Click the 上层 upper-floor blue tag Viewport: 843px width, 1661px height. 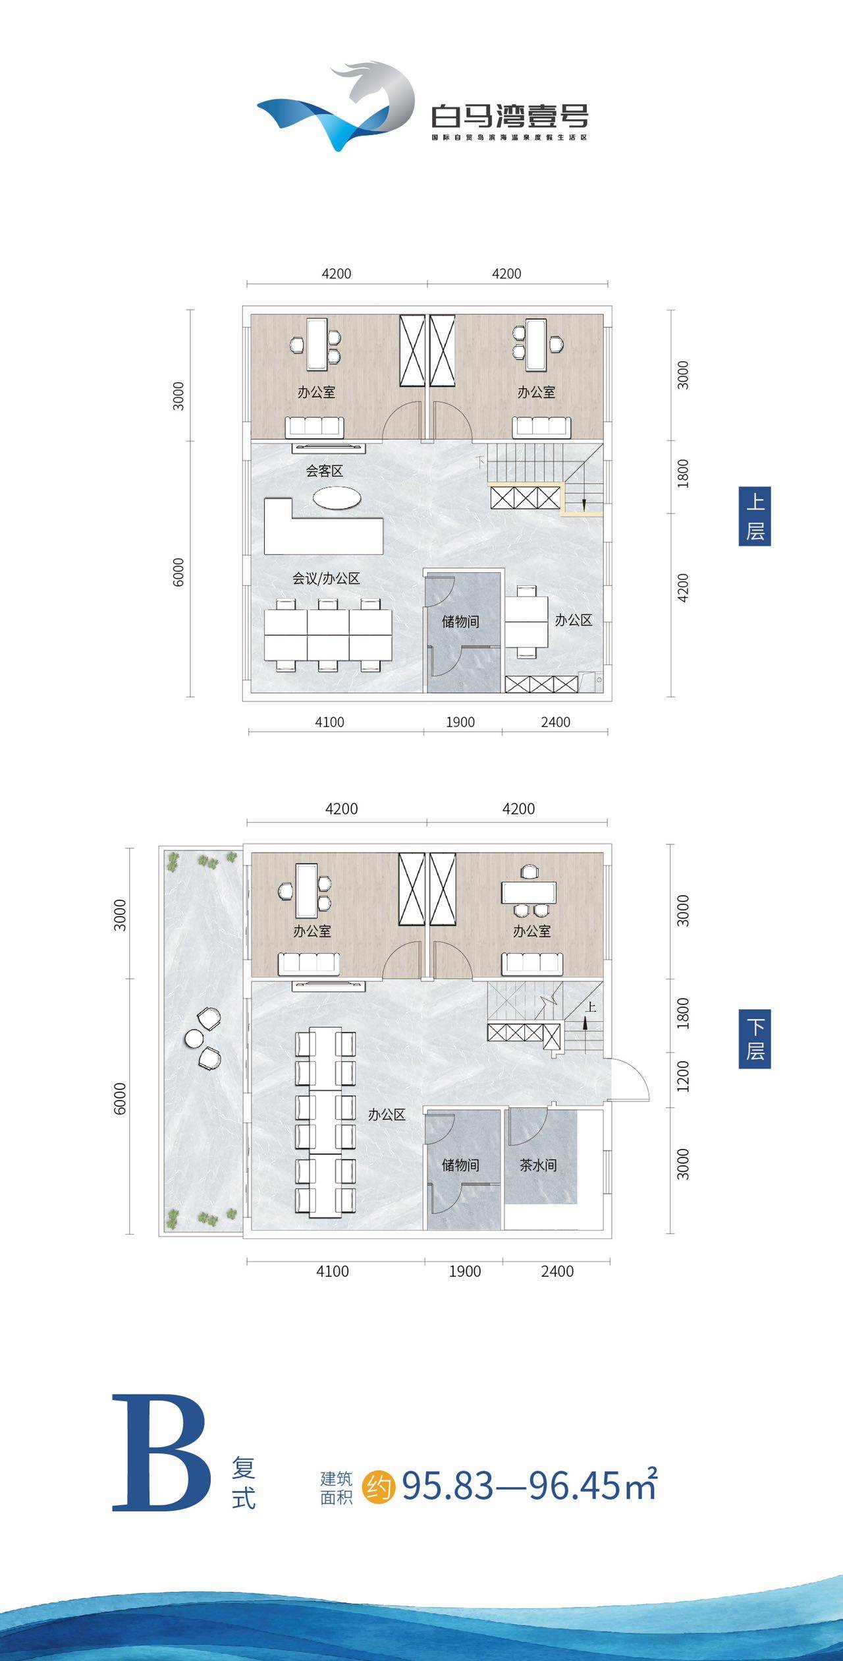coord(755,516)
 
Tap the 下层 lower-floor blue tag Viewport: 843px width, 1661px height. coord(755,1039)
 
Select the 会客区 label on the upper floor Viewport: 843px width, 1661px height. coord(324,471)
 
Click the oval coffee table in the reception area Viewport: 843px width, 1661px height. coord(337,498)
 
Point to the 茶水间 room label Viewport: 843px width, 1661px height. coord(538,1165)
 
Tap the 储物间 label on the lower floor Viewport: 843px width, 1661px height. coord(460,1165)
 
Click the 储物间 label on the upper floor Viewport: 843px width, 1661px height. coord(460,621)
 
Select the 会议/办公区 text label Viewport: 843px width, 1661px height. coord(326,578)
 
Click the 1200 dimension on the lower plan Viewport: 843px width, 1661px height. coord(683,1076)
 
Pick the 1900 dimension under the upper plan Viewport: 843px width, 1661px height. coord(460,722)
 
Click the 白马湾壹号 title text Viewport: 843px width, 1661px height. coord(510,117)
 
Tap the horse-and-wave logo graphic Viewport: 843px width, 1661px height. coord(336,107)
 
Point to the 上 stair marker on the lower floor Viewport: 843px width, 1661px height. coord(591,1006)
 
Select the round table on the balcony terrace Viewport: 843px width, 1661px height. coord(194,1039)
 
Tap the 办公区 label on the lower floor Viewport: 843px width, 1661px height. coord(387,1114)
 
